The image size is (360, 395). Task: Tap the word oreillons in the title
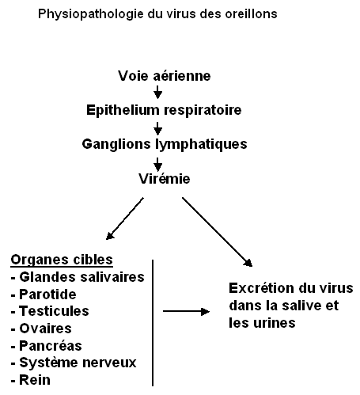point(251,13)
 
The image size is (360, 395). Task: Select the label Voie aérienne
point(165,76)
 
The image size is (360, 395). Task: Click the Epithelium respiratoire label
point(164,110)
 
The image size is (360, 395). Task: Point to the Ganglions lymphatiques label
point(165,145)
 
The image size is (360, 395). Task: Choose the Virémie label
point(165,179)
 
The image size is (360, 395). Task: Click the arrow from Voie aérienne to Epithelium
point(157,92)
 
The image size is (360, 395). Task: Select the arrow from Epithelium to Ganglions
point(157,128)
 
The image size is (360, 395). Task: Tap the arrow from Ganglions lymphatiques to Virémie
point(157,165)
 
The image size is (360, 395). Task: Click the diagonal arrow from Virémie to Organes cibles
point(125,218)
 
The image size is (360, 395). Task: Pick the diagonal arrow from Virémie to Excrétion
point(218,232)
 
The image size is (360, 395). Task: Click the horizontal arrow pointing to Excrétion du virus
point(186,311)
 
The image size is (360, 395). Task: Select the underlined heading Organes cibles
point(62,260)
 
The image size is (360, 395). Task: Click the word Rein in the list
point(35,380)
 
